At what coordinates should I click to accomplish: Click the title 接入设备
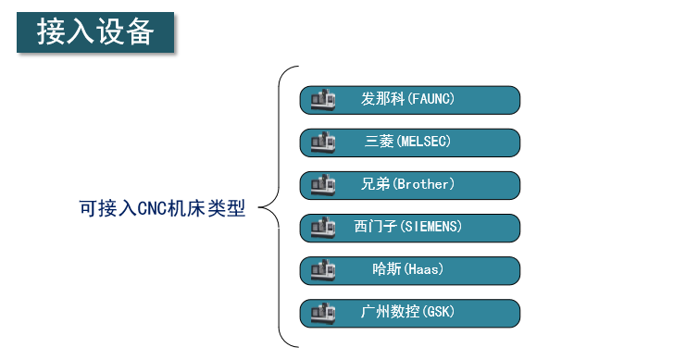[x=95, y=32]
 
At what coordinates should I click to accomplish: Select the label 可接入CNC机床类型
[x=162, y=209]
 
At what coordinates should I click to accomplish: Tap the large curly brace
[x=278, y=206]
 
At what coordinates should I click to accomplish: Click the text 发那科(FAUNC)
[x=408, y=99]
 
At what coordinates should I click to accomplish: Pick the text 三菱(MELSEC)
[x=408, y=142]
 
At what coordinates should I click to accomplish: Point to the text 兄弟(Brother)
[x=408, y=184]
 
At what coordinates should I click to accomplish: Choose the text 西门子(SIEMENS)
[x=408, y=227]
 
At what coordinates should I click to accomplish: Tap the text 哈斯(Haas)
[x=408, y=269]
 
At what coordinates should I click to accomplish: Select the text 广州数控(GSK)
[x=408, y=312]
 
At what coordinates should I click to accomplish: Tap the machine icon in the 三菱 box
[x=322, y=143]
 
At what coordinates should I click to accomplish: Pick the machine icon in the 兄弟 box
[x=322, y=185]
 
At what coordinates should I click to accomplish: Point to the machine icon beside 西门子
[x=322, y=228]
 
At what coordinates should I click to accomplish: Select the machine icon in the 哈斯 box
[x=322, y=270]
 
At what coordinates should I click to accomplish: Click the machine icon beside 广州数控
[x=322, y=313]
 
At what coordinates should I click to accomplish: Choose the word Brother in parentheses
[x=424, y=184]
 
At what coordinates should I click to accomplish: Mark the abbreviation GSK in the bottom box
[x=436, y=312]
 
